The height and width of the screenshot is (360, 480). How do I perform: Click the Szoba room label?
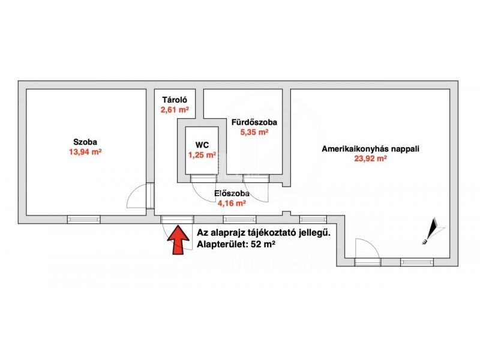(85, 142)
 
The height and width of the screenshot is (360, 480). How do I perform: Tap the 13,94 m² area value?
(85, 152)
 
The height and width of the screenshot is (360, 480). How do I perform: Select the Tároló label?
(175, 100)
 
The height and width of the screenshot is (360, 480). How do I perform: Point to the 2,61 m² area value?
(175, 110)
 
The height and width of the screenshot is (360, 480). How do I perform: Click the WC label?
(202, 145)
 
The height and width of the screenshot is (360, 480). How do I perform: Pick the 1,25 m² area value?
(202, 155)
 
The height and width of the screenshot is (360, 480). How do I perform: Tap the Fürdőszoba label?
(254, 122)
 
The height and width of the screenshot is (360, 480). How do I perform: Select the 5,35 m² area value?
(254, 132)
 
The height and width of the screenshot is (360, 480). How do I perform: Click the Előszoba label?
(232, 193)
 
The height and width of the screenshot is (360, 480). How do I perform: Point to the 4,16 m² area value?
(232, 203)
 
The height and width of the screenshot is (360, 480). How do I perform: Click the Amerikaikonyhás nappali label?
(370, 149)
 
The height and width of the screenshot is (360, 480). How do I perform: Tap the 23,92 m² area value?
(370, 158)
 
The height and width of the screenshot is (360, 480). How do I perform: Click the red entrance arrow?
(178, 239)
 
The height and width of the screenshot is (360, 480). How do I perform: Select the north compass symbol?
(433, 231)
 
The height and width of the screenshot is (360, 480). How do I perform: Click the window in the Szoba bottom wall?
(84, 219)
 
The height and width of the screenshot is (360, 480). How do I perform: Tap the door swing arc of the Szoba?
(137, 196)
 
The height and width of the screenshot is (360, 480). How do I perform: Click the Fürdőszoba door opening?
(256, 178)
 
